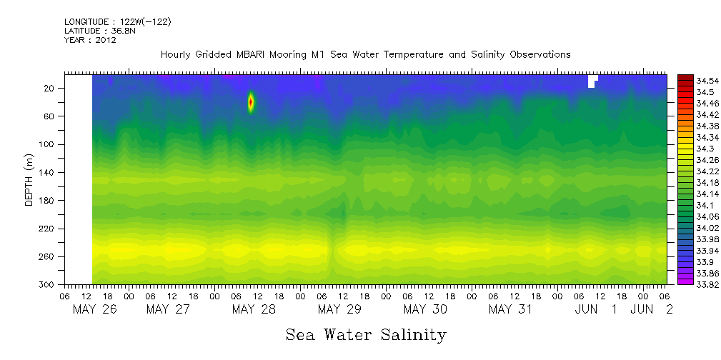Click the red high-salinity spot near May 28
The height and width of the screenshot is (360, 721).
coord(251,102)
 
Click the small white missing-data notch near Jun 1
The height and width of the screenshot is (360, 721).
coord(591,81)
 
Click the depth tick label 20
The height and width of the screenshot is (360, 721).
coord(49,88)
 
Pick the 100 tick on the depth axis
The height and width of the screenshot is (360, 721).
coord(47,144)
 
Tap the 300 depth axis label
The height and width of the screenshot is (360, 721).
coord(47,284)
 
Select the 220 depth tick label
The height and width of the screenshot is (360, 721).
coord(47,229)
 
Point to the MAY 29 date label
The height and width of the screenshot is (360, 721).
coord(339,309)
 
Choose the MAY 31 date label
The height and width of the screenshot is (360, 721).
coord(510,309)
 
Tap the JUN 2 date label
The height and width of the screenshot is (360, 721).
coord(649,309)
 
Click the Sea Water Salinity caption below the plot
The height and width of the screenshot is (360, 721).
coord(366,335)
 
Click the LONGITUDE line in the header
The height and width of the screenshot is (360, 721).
coord(117,22)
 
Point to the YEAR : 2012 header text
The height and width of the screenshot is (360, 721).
coord(90,40)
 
